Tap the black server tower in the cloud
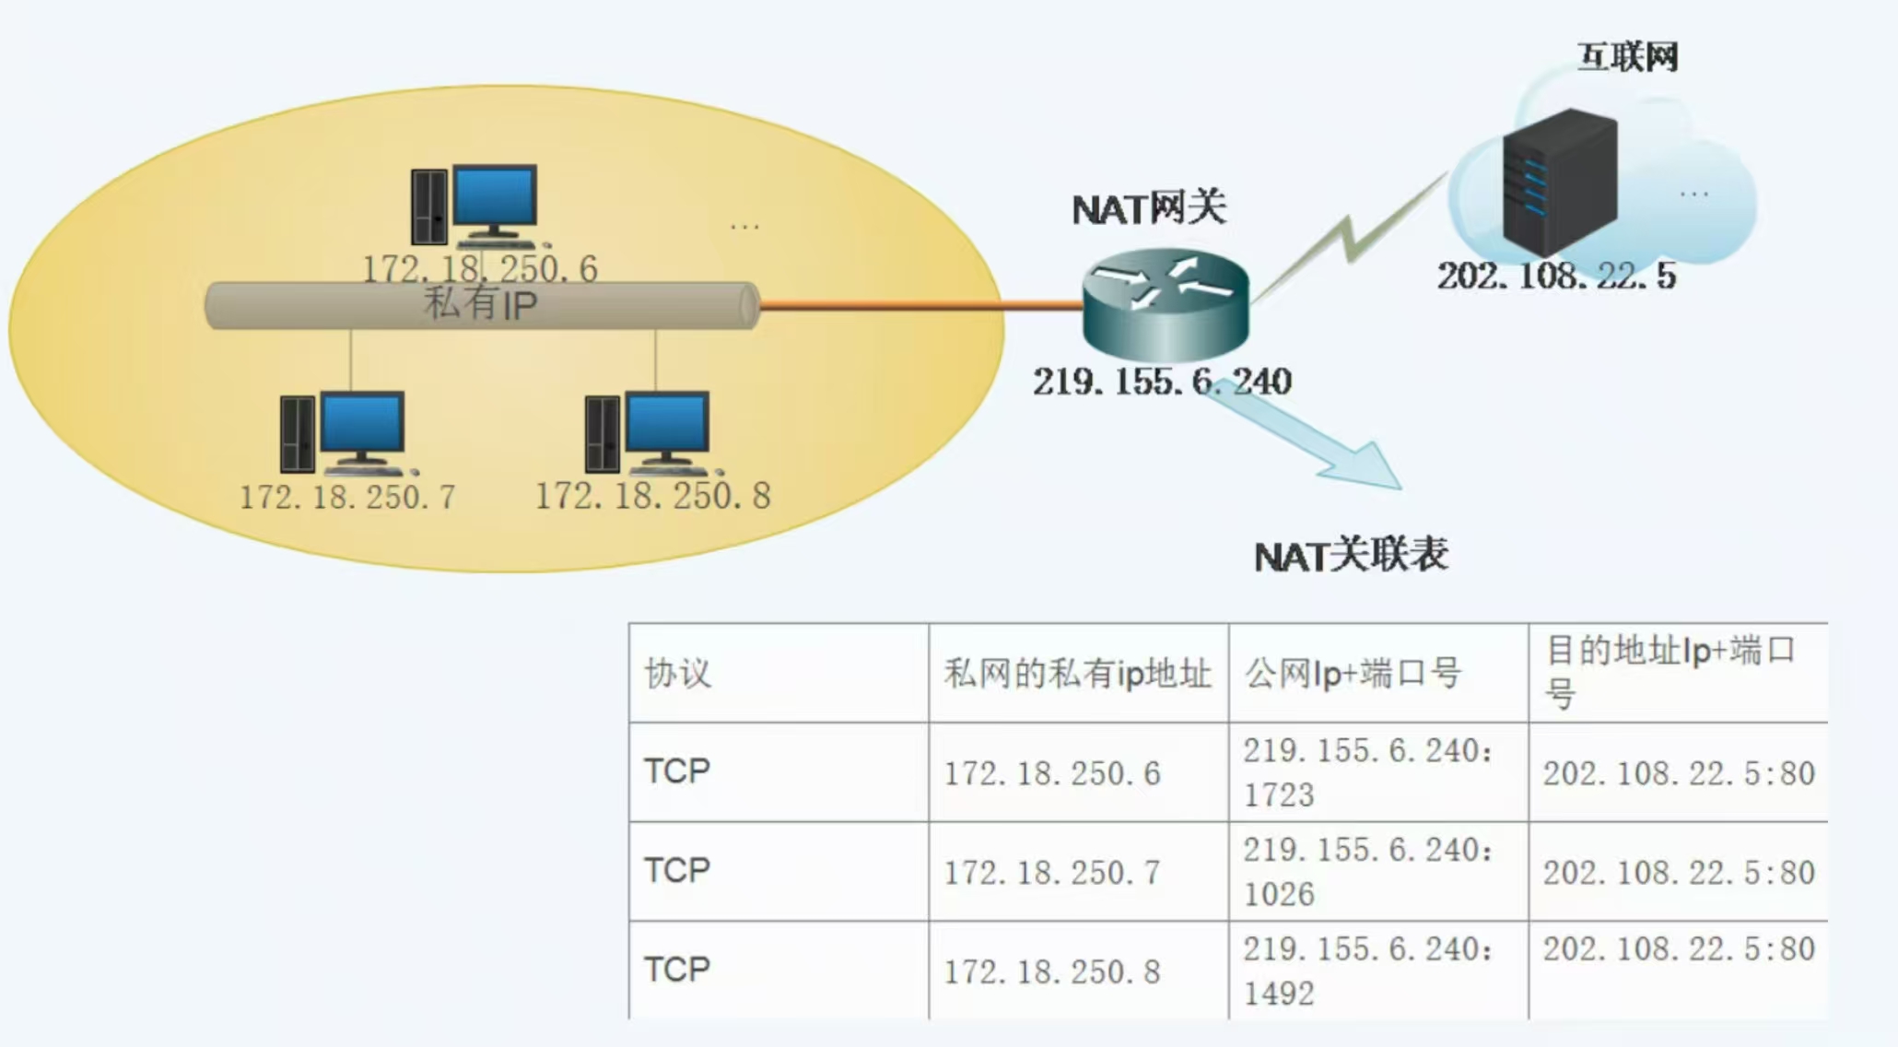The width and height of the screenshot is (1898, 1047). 1559,182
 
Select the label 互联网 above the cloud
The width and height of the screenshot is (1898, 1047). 1628,57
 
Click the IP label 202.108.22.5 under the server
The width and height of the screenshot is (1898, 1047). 1556,276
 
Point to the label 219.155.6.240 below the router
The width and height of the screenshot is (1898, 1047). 1162,382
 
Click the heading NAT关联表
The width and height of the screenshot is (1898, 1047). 1351,556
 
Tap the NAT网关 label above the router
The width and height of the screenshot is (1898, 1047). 1149,208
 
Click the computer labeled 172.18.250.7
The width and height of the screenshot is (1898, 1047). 343,432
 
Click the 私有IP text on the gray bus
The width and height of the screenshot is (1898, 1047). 480,304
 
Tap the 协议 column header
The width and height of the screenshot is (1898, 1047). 678,674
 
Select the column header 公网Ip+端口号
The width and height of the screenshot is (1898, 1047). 1353,674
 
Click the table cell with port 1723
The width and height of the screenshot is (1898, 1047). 1368,772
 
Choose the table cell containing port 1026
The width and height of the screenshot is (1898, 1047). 1368,872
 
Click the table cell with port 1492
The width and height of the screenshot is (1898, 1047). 1368,971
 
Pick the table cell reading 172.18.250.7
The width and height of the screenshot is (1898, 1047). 1051,872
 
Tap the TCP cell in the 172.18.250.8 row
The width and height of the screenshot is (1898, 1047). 677,970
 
